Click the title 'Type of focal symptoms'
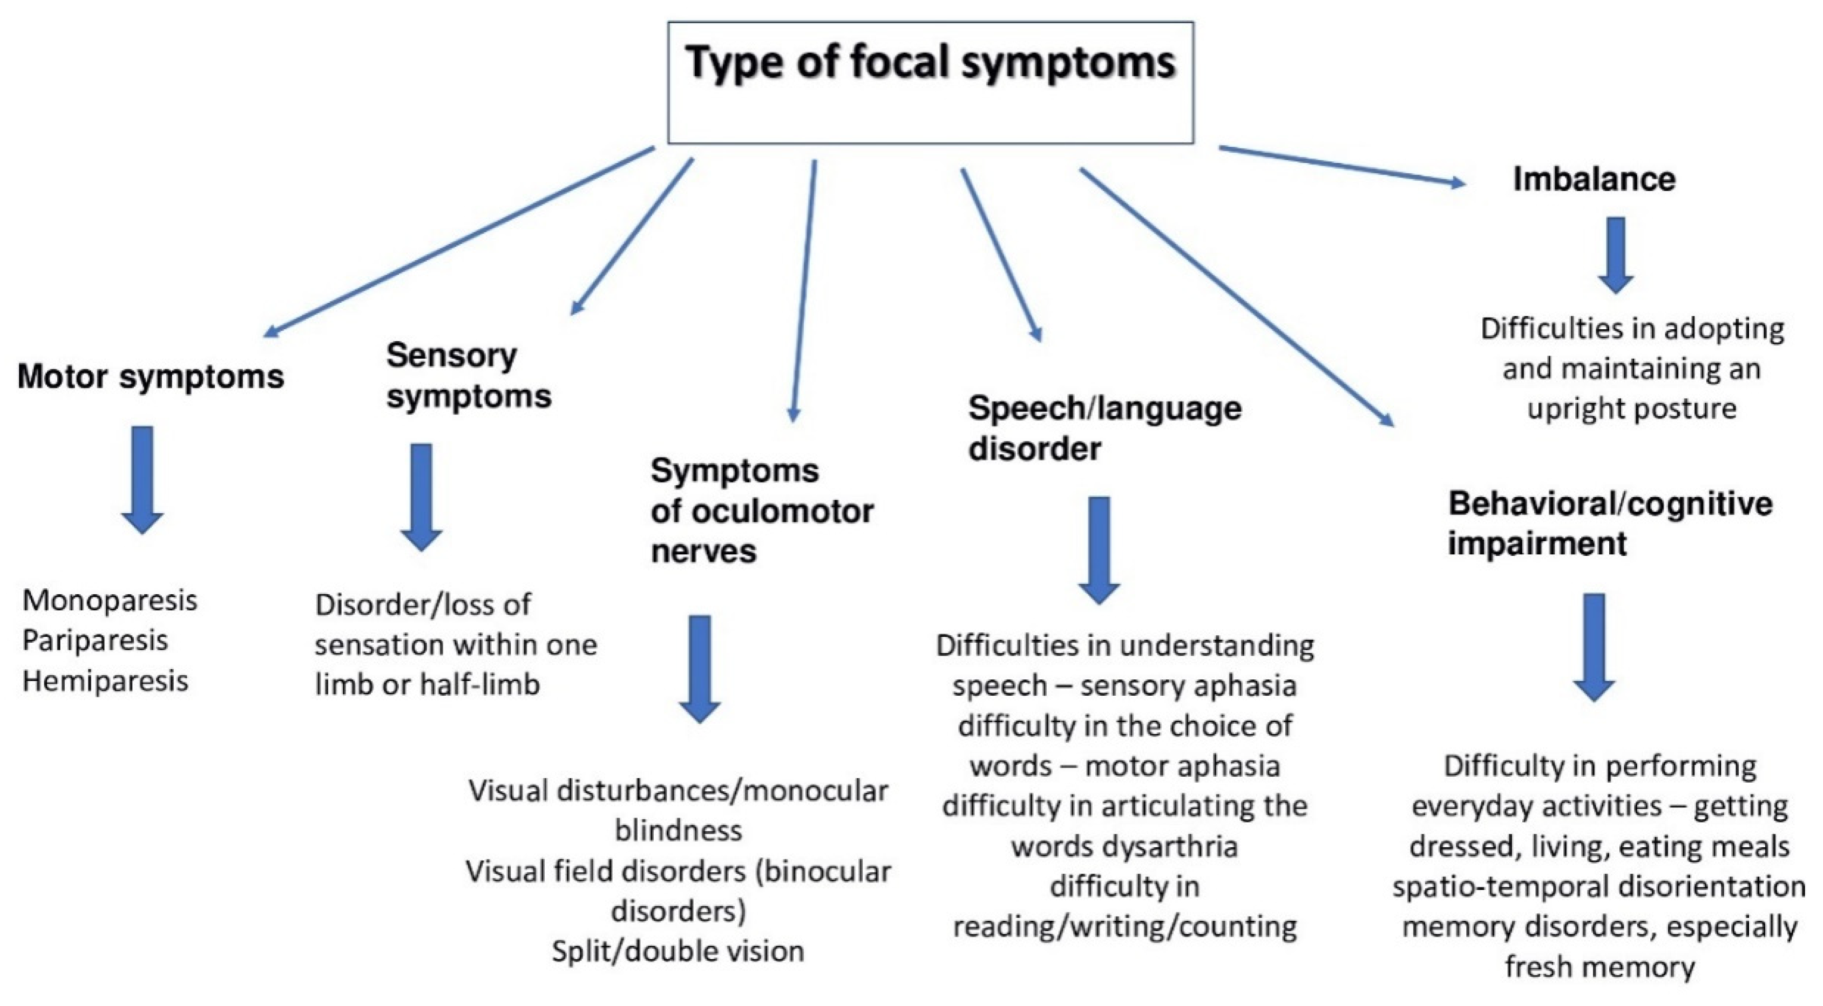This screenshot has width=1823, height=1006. pyautogui.click(x=930, y=62)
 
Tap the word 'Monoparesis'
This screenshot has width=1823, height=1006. pyautogui.click(x=110, y=600)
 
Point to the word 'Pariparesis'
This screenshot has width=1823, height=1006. pyautogui.click(x=95, y=640)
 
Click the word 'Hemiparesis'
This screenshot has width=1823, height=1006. pyautogui.click(x=105, y=681)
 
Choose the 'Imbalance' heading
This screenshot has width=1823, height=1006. pyautogui.click(x=1594, y=179)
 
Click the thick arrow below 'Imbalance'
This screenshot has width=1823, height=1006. pyautogui.click(x=1616, y=255)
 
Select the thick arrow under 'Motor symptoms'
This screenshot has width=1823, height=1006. pyautogui.click(x=143, y=479)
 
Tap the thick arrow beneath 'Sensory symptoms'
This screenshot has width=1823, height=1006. pyautogui.click(x=421, y=497)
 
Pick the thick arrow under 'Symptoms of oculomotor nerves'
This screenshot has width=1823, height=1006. pyautogui.click(x=699, y=669)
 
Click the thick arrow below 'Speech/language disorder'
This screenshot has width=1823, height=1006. pyautogui.click(x=1099, y=550)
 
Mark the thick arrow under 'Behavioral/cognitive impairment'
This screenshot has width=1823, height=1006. pyautogui.click(x=1594, y=647)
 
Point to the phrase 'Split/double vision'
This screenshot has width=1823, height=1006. pyautogui.click(x=678, y=951)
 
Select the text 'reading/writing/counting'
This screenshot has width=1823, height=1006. pyautogui.click(x=1124, y=926)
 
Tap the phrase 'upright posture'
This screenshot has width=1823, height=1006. pyautogui.click(x=1632, y=408)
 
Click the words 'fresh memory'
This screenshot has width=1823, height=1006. pyautogui.click(x=1600, y=967)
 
